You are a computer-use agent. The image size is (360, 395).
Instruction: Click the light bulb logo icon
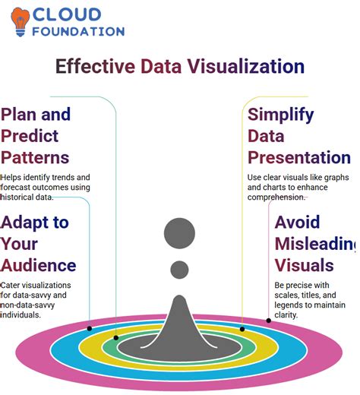20,22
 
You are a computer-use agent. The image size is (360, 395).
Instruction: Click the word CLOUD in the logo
67,14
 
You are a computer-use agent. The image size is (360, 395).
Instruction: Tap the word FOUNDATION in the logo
79,32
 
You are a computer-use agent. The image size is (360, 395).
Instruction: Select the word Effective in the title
95,67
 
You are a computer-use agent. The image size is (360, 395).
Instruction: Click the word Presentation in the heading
298,158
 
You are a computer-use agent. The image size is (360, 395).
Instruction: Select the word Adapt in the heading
34,223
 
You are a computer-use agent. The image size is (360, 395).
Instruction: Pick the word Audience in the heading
39,265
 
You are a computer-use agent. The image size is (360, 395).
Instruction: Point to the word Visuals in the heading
304,265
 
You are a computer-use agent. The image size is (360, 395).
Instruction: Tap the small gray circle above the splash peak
180,269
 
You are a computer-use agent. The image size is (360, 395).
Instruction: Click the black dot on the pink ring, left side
90,328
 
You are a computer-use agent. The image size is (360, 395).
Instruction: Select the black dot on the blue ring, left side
116,337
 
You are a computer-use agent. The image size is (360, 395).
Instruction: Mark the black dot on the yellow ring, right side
242,329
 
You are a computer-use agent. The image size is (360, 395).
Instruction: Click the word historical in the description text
17,197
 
